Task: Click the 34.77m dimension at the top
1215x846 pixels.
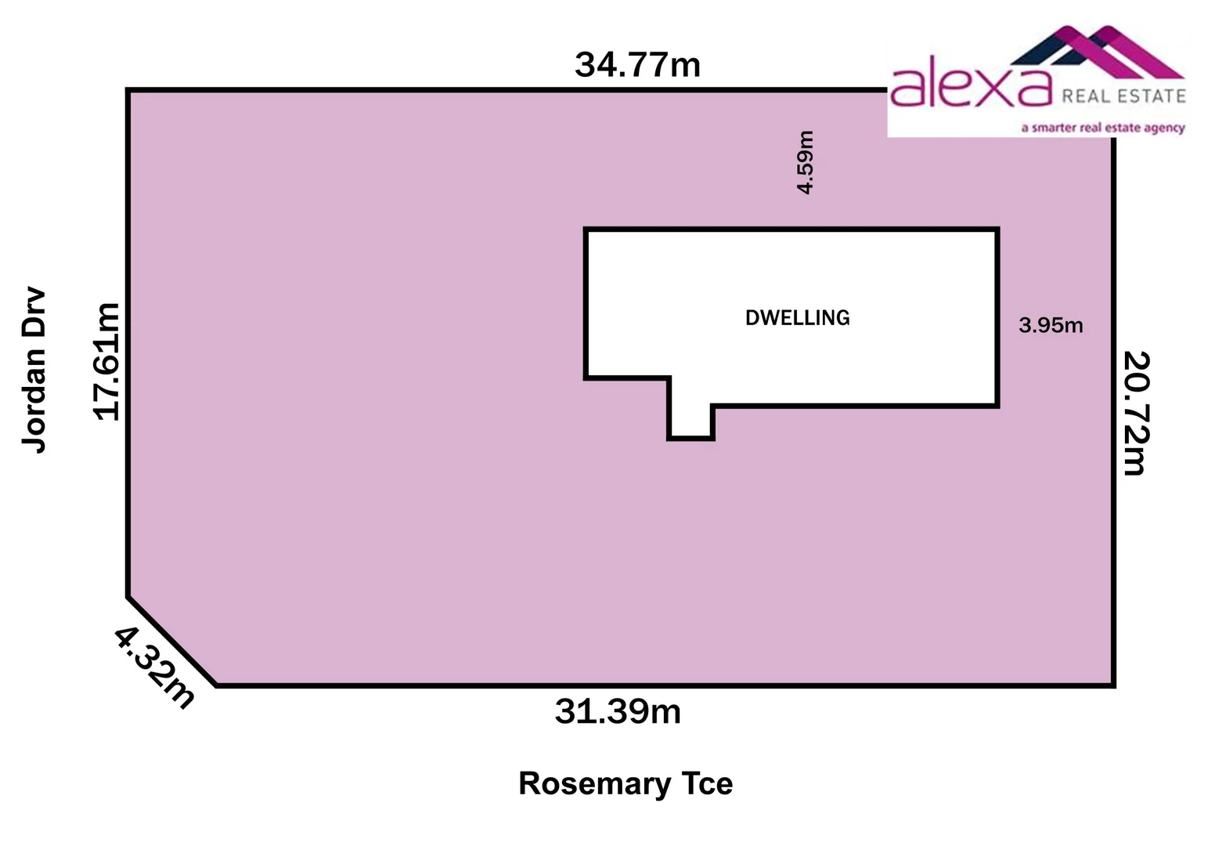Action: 637,65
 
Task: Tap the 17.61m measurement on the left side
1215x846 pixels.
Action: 107,361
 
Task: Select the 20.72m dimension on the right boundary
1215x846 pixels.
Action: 1134,413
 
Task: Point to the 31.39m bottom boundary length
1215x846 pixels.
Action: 618,712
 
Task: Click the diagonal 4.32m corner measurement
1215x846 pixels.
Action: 154,668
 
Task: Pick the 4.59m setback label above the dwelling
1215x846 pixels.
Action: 806,162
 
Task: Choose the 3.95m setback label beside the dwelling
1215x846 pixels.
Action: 1051,325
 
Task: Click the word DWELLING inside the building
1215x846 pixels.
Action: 797,318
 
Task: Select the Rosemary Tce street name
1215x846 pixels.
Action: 626,784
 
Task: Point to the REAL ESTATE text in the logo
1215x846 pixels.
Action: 1123,96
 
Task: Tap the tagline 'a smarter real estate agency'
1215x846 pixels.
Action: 1102,128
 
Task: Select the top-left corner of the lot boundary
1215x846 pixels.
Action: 128,91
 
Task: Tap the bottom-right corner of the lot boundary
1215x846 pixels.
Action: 1113,685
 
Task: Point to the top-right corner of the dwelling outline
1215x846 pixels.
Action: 997,230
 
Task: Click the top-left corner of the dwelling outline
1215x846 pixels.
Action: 586,230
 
